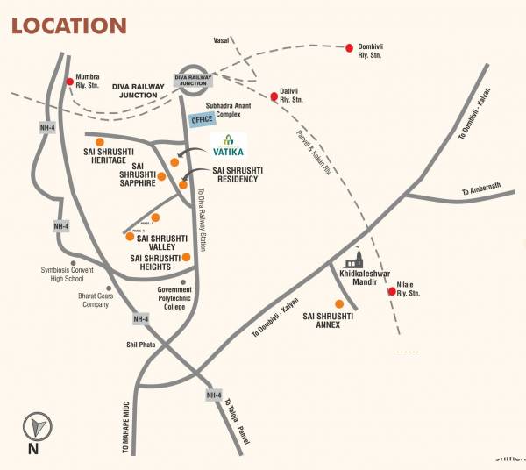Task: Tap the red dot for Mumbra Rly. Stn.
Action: [71, 82]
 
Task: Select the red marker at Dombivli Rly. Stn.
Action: [349, 47]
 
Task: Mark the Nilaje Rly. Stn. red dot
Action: [391, 291]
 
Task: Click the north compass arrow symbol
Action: [36, 427]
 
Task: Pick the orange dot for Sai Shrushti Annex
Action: [339, 303]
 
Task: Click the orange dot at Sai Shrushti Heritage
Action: [100, 141]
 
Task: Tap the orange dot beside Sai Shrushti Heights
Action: [187, 257]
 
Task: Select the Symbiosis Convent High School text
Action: [73, 275]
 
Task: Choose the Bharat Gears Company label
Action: [99, 301]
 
